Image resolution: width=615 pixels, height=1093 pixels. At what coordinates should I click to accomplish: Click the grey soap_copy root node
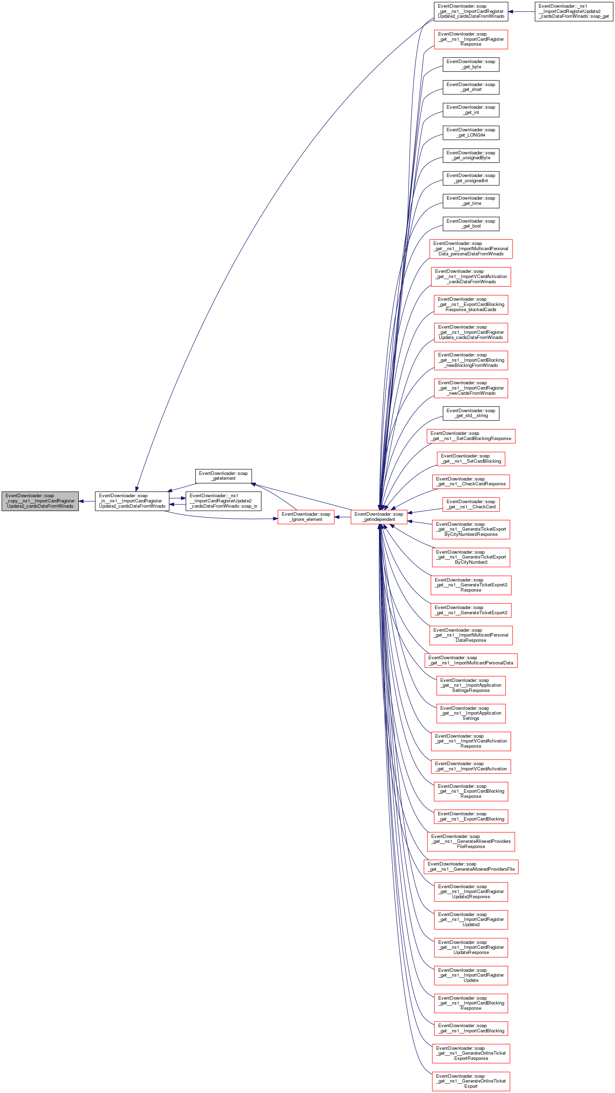pyautogui.click(x=40, y=501)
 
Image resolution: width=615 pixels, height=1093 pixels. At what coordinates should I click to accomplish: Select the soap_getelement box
pyautogui.click(x=223, y=476)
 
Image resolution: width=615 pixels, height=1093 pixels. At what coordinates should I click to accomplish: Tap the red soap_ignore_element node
pyautogui.click(x=306, y=517)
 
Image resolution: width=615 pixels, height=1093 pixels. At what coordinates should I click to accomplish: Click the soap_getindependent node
pyautogui.click(x=379, y=517)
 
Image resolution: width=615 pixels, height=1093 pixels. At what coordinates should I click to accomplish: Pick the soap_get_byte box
pyautogui.click(x=471, y=64)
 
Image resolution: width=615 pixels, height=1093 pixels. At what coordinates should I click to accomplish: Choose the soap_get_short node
pyautogui.click(x=471, y=87)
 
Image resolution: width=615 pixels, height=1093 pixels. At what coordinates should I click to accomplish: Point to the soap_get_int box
pyautogui.click(x=471, y=110)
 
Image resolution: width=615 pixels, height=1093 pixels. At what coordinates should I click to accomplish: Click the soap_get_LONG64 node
pyautogui.click(x=471, y=132)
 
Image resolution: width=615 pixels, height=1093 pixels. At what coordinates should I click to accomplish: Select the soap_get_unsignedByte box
pyautogui.click(x=471, y=155)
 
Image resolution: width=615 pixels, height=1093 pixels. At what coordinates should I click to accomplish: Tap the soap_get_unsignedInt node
pyautogui.click(x=471, y=178)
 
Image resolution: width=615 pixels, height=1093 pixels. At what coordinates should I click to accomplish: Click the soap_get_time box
pyautogui.click(x=471, y=201)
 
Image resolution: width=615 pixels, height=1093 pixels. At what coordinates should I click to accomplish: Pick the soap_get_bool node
pyautogui.click(x=471, y=224)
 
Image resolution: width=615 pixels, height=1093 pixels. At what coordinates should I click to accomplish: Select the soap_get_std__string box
pyautogui.click(x=471, y=413)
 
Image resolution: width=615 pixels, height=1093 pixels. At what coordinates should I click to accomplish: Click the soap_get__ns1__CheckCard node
pyautogui.click(x=471, y=504)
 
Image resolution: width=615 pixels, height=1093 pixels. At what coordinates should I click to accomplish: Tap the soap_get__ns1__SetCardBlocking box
pyautogui.click(x=471, y=459)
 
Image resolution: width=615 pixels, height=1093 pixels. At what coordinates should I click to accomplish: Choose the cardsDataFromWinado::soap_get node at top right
pyautogui.click(x=574, y=11)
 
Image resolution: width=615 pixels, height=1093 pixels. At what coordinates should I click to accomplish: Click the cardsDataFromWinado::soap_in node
pyautogui.click(x=223, y=501)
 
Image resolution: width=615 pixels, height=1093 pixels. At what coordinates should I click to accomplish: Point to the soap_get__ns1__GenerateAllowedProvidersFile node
pyautogui.click(x=471, y=867)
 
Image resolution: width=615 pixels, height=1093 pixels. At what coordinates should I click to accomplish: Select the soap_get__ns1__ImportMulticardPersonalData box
pyautogui.click(x=471, y=660)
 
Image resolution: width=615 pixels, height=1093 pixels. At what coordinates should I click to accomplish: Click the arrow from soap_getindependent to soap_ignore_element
pyautogui.click(x=342, y=517)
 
